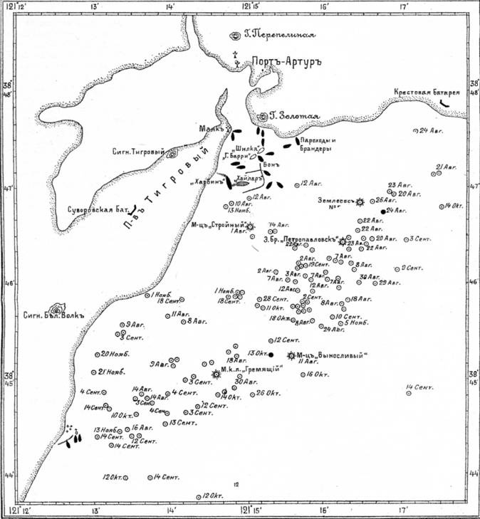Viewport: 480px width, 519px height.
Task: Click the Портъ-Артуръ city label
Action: click(x=286, y=62)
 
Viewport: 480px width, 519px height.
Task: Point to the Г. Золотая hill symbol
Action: click(x=262, y=116)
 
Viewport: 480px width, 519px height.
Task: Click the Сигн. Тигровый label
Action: click(x=138, y=151)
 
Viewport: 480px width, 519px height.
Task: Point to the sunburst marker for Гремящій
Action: click(x=216, y=374)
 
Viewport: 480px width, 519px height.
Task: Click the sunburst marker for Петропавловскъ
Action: click(x=344, y=241)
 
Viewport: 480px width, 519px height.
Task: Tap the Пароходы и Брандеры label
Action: click(x=315, y=144)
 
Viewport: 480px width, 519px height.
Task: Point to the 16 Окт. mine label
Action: click(x=319, y=374)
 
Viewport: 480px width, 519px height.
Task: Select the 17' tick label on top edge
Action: click(x=403, y=6)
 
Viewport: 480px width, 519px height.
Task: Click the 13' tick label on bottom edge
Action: click(x=94, y=511)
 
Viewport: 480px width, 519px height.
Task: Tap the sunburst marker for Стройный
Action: click(x=249, y=226)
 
